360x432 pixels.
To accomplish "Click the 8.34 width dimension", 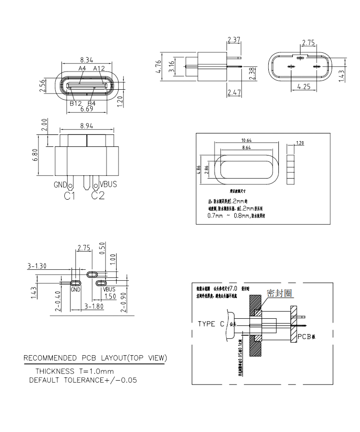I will (x=86, y=60).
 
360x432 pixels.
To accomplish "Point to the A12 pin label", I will (x=99, y=69).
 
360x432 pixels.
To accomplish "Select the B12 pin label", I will (x=75, y=103).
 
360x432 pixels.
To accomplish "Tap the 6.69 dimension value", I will (x=86, y=109).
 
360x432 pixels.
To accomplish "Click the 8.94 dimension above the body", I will (x=86, y=125).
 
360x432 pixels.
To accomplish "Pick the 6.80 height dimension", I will (x=34, y=155).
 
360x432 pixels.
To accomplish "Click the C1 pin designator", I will (x=70, y=196).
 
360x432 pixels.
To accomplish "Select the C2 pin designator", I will (x=98, y=195).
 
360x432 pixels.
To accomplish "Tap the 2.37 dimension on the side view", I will (x=234, y=40).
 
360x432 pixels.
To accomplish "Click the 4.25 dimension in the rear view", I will (x=303, y=87).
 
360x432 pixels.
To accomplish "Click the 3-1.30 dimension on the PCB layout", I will (x=38, y=265).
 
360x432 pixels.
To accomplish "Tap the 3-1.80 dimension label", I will (x=94, y=306).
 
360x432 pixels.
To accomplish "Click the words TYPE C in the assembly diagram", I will (x=211, y=324).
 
